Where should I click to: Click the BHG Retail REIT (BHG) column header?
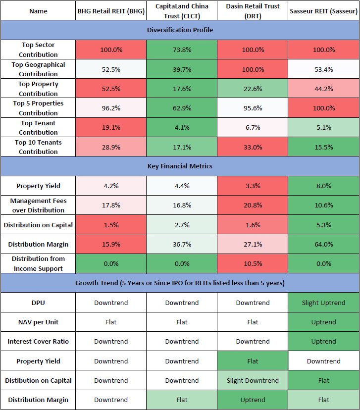110,10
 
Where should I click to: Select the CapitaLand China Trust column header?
182,10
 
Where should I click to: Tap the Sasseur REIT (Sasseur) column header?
323,10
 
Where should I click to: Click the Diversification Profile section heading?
180,30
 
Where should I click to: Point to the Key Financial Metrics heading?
180,166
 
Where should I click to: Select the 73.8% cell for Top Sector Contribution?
182,50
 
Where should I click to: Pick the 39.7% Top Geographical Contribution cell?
182,69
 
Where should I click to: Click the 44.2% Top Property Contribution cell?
323,89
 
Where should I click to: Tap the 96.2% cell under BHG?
110,108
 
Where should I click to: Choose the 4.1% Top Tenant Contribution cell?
182,127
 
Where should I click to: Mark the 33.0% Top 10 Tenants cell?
253,147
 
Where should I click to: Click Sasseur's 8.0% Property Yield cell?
323,186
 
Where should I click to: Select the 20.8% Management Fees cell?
253,205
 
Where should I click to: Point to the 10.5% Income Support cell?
253,263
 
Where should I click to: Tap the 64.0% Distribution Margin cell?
323,244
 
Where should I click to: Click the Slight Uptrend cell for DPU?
323,303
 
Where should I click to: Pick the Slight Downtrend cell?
253,380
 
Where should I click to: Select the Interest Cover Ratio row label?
38,341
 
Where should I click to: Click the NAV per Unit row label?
38,322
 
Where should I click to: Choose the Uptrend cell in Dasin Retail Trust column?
253,400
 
